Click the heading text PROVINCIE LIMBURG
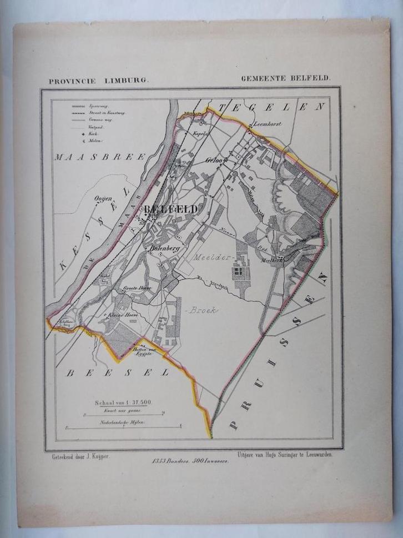[x=98, y=80]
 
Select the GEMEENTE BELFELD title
[x=285, y=79]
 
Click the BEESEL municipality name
[x=118, y=373]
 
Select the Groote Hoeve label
[x=137, y=289]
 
